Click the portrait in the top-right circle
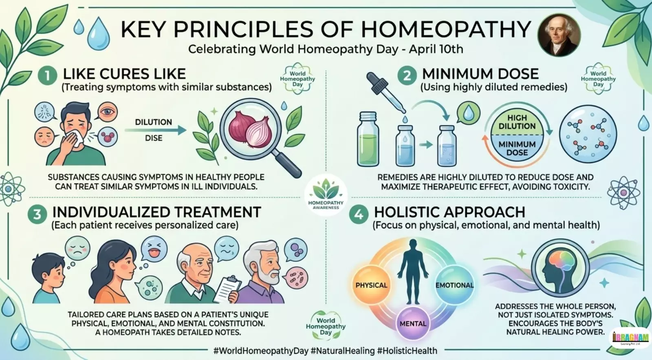[559, 35]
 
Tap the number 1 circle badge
[47, 76]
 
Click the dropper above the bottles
[385, 92]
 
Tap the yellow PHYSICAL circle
[371, 285]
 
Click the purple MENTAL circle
[413, 323]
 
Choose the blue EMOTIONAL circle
[454, 285]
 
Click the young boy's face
[51, 273]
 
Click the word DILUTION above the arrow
[154, 122]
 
